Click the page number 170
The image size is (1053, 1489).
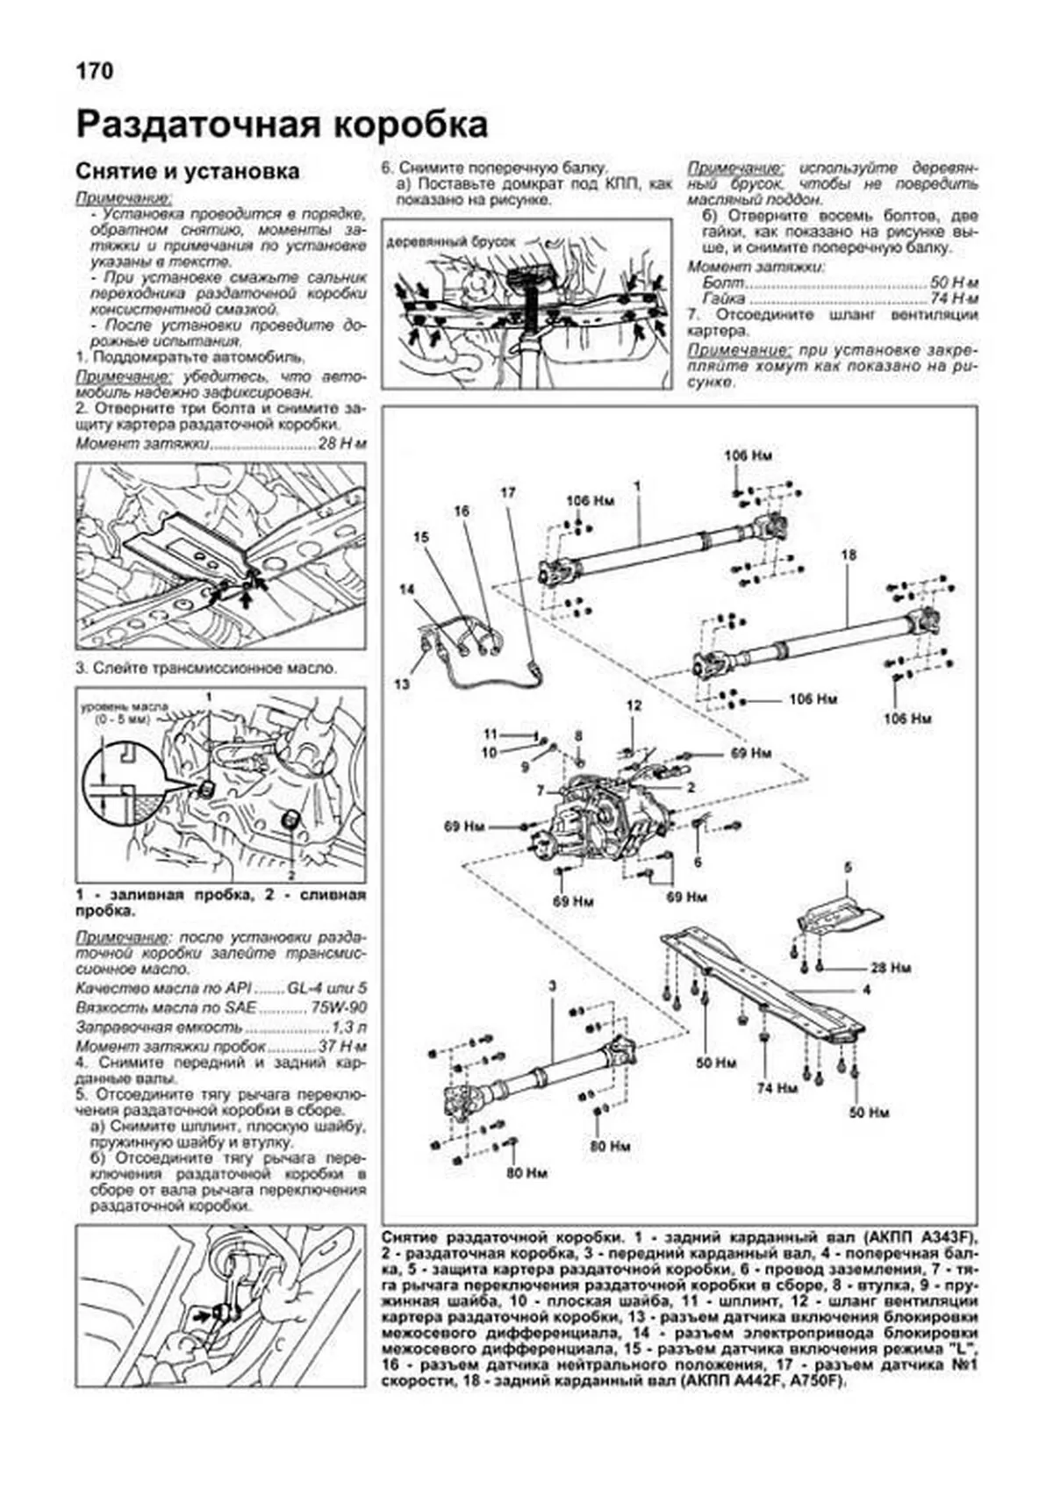point(94,71)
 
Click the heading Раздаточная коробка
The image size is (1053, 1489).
point(282,124)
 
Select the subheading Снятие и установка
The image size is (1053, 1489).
point(187,171)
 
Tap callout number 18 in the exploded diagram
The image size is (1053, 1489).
point(847,555)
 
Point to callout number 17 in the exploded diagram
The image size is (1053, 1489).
point(508,492)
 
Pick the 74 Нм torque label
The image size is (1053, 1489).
point(777,1087)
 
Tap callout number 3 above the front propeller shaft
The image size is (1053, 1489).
point(553,987)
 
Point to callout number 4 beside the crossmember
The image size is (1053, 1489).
point(865,990)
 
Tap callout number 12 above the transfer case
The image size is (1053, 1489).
point(634,705)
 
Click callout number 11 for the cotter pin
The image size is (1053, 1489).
point(490,734)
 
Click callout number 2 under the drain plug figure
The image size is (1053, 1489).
point(290,875)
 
